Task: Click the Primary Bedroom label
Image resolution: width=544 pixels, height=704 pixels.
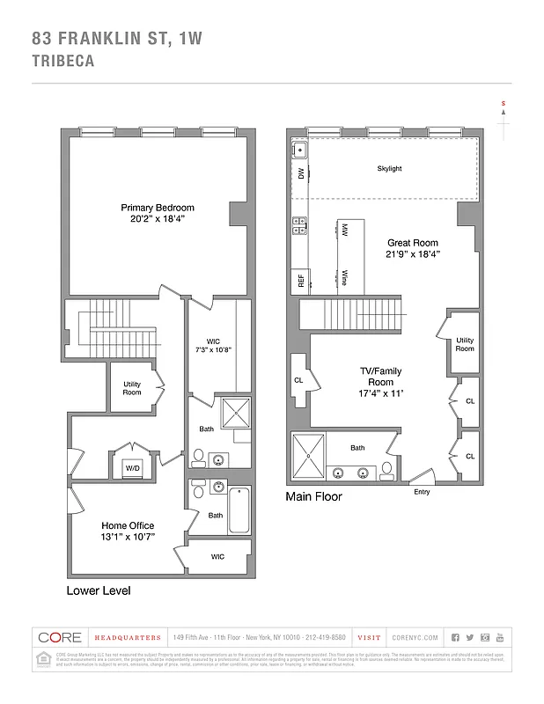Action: click(x=158, y=208)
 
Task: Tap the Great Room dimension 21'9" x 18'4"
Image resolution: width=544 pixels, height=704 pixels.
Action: click(x=413, y=253)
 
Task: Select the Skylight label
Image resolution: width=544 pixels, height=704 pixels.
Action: click(x=389, y=169)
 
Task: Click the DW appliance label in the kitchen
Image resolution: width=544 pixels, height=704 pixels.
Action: click(x=300, y=175)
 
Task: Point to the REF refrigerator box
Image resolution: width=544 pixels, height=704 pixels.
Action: click(x=300, y=282)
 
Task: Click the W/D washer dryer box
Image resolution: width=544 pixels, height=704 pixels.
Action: click(x=135, y=467)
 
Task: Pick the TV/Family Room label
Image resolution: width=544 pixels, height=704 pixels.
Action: click(x=380, y=377)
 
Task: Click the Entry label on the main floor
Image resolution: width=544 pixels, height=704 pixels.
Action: click(x=422, y=491)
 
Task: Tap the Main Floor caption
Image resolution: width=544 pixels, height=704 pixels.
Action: click(x=313, y=497)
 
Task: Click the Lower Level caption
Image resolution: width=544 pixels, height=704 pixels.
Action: click(x=99, y=590)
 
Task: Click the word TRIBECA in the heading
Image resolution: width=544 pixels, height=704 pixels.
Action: click(x=62, y=62)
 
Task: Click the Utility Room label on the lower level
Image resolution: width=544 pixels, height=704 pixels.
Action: click(x=131, y=387)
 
